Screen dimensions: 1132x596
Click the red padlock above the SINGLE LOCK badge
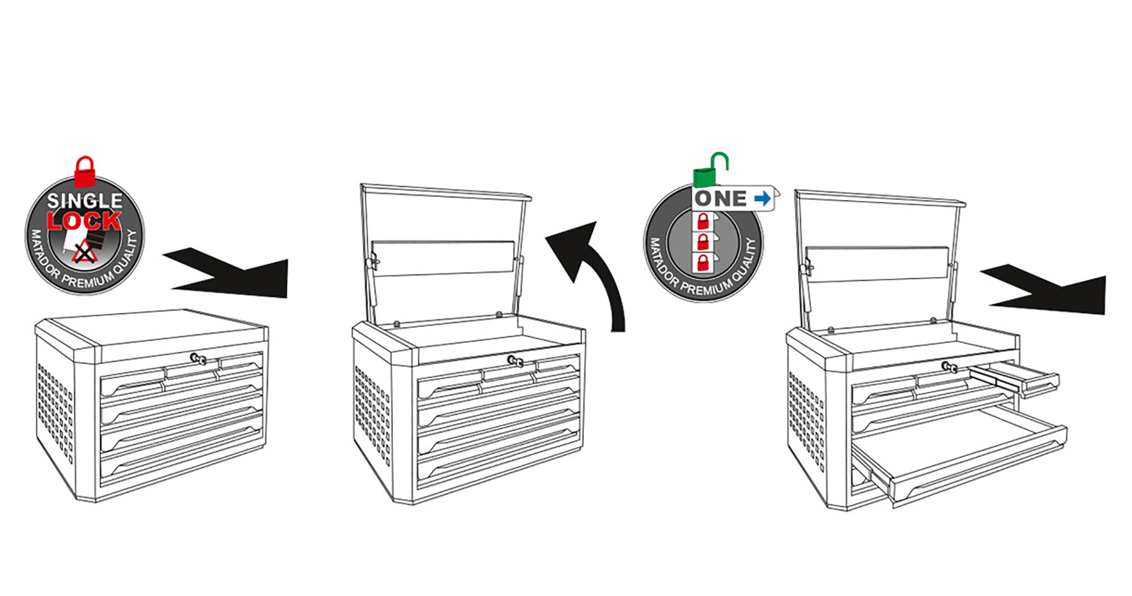[85, 172]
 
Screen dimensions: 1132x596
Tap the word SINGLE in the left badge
[85, 201]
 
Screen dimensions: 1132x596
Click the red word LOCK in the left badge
[84, 221]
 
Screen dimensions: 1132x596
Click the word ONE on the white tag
[720, 199]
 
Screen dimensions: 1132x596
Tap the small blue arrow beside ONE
[763, 198]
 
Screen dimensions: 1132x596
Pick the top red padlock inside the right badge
[703, 221]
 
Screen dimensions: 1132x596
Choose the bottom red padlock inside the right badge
[703, 263]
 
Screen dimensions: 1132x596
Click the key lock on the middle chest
[515, 361]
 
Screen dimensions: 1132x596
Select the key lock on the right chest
[949, 367]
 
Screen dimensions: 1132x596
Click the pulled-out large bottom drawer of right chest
[960, 457]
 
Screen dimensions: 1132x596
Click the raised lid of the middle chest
[446, 253]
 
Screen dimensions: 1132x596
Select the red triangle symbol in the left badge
[84, 252]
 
